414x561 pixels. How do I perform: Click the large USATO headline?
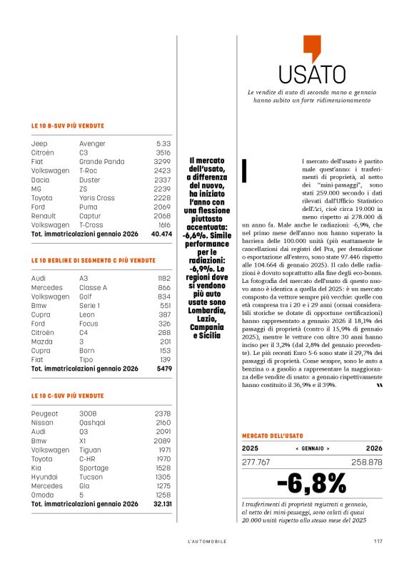pyautogui.click(x=312, y=74)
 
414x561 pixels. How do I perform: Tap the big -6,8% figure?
pyautogui.click(x=311, y=484)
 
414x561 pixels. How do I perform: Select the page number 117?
pyautogui.click(x=378, y=541)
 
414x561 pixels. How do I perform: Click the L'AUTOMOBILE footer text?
pyautogui.click(x=207, y=541)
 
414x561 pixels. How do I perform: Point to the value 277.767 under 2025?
pyautogui.click(x=256, y=463)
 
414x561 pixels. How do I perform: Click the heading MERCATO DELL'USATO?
pyautogui.click(x=272, y=435)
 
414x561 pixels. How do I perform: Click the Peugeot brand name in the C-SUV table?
pyautogui.click(x=46, y=413)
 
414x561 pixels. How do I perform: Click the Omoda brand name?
pyautogui.click(x=43, y=494)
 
